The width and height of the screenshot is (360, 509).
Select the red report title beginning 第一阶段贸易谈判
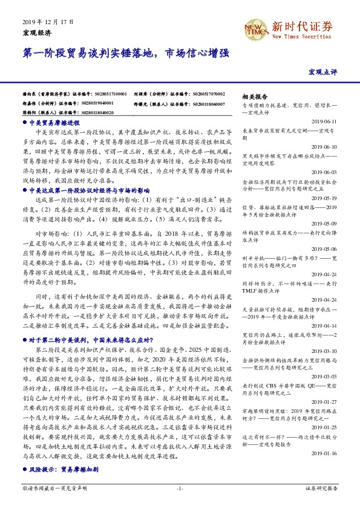(x=125, y=53)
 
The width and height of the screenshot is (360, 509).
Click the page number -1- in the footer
(x=179, y=487)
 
